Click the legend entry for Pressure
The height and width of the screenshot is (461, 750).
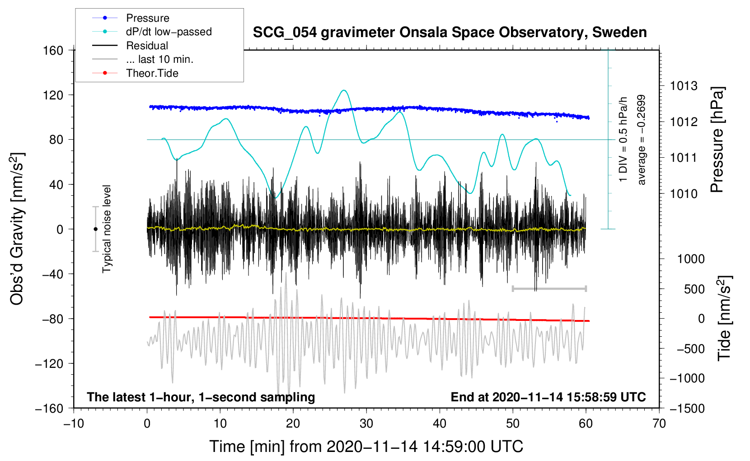[x=131, y=18]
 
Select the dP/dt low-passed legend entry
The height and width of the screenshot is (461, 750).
[x=152, y=32]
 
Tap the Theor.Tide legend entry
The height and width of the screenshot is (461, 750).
[x=135, y=73]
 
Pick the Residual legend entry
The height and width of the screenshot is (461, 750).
[x=130, y=46]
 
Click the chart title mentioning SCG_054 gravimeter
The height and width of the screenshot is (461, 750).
[x=450, y=33]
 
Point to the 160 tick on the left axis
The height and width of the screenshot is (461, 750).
[x=53, y=51]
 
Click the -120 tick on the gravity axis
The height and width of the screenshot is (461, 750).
[x=49, y=363]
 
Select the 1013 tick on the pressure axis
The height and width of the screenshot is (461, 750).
[x=684, y=86]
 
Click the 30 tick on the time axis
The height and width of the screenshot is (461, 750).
[x=366, y=424]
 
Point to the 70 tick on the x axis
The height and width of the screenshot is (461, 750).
[x=659, y=424]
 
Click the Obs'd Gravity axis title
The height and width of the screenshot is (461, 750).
[x=17, y=229]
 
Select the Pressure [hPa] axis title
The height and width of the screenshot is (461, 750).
[x=717, y=140]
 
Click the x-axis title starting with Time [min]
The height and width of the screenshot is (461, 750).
[x=366, y=447]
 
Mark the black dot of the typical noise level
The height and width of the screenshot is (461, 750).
[x=95, y=229]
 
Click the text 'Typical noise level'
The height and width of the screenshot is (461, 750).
[x=107, y=229]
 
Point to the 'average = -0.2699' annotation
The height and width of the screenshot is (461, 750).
[x=641, y=140]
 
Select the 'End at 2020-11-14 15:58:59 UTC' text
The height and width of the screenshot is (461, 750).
[x=548, y=397]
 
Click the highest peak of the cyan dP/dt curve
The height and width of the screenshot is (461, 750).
[x=344, y=90]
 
